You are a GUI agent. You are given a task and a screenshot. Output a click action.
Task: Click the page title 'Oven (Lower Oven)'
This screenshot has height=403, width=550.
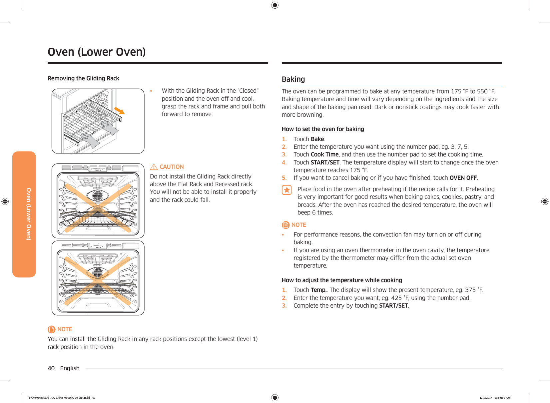[x=97, y=52]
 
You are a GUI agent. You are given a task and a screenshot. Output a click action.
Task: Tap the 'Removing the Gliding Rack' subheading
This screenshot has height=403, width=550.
[x=83, y=78]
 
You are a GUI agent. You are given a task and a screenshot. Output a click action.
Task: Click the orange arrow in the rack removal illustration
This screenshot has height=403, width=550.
[x=119, y=110]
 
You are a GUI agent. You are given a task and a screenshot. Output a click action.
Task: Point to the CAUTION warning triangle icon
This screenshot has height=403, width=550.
[x=154, y=167]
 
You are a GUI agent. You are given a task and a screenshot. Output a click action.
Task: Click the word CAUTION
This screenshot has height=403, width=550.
[x=172, y=167]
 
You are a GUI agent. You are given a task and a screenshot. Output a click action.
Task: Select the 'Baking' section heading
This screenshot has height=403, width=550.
[x=293, y=79]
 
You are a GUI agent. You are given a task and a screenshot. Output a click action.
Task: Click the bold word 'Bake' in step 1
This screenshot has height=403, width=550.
[x=317, y=139]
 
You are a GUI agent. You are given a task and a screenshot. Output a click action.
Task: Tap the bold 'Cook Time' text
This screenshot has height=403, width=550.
[x=324, y=154]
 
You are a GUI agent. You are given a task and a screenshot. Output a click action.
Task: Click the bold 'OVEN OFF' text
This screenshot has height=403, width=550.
[x=463, y=178]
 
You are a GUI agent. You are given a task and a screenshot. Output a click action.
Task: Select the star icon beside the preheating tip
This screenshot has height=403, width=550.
[x=286, y=190]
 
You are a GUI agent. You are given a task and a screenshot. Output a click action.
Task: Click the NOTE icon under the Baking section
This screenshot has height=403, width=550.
[x=285, y=225]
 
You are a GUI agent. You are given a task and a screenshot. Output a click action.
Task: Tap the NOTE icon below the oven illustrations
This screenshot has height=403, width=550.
[x=51, y=329]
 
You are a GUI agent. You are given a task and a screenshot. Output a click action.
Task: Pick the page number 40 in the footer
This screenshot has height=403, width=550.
[x=51, y=368]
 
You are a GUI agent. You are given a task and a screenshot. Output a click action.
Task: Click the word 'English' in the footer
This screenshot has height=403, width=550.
[x=70, y=368]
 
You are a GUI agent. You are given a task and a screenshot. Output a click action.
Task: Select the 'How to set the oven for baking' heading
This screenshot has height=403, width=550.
[x=322, y=129]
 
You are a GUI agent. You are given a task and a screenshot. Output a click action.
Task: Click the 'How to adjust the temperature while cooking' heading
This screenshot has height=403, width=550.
[x=342, y=280]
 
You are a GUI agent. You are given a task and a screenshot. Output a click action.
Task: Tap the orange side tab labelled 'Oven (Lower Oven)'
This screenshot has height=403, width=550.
[x=24, y=214]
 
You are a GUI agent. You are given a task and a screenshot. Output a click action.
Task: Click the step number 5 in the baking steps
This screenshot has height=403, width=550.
[x=284, y=178]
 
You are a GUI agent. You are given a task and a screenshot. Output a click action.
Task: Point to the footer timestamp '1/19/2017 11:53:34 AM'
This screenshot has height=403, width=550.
[x=495, y=398]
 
